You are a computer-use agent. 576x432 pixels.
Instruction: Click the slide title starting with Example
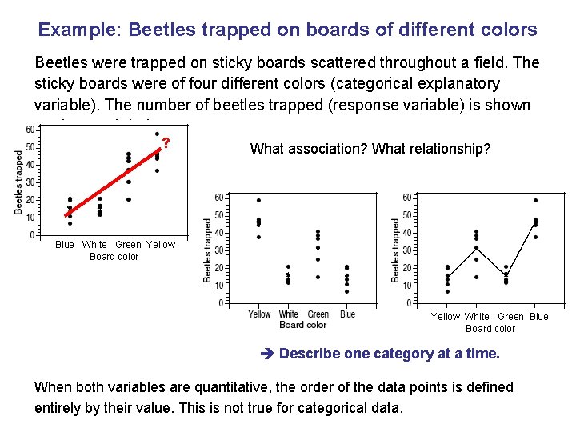(x=288, y=30)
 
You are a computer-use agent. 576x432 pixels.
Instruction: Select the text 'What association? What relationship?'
(x=370, y=149)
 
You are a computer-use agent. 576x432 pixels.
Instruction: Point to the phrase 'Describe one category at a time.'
(x=390, y=354)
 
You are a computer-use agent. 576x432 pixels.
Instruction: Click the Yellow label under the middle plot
(x=259, y=314)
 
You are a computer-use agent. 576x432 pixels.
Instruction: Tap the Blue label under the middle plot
(x=347, y=314)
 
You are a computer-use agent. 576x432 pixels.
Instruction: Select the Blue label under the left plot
(x=65, y=245)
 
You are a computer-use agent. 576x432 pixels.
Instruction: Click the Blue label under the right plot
(x=539, y=317)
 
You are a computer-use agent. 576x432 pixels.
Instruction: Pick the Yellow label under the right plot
(x=446, y=317)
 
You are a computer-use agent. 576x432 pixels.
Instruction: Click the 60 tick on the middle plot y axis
(x=218, y=197)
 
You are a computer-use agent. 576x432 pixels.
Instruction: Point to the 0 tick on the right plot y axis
(x=409, y=303)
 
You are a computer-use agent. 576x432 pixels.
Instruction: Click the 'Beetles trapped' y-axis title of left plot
(x=18, y=183)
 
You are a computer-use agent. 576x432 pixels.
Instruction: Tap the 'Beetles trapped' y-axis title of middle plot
(x=207, y=251)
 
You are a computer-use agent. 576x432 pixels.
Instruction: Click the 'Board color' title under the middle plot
(x=303, y=325)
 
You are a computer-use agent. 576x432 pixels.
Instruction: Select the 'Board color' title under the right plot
(x=490, y=329)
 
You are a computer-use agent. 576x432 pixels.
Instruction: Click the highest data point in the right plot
(x=535, y=200)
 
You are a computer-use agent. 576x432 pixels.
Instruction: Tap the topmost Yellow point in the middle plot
(x=258, y=200)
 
